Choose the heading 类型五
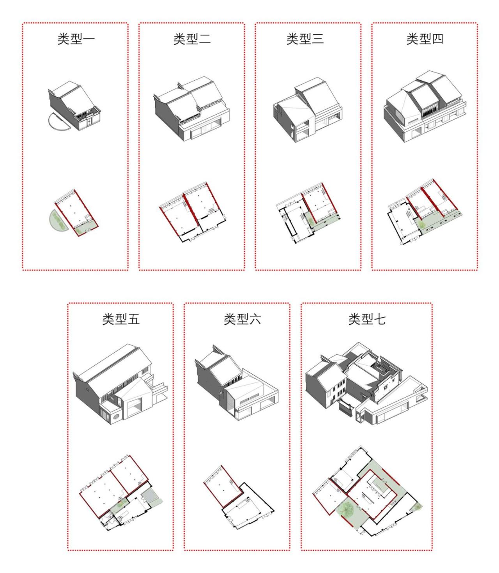point(121,319)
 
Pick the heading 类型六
point(242,319)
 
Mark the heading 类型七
point(367,319)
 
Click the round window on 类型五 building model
point(115,418)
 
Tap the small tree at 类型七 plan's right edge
point(418,506)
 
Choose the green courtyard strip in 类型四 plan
point(437,222)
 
